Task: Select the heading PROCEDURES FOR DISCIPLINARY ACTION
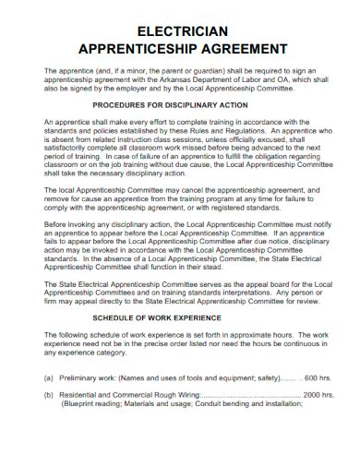click(180, 105)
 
